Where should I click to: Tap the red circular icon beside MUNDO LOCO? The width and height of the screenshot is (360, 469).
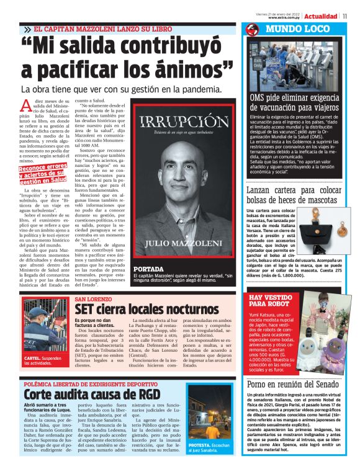pyautogui.click(x=252, y=30)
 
